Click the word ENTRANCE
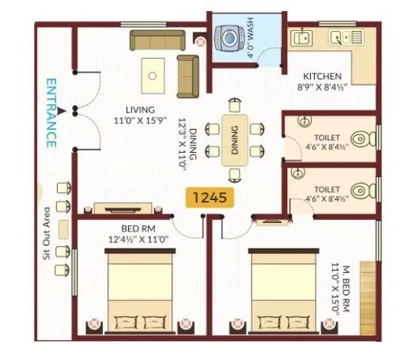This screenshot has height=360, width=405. (x=51, y=113)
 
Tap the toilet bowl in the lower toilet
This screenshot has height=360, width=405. (x=363, y=190)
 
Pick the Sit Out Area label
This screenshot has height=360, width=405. (x=47, y=234)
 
